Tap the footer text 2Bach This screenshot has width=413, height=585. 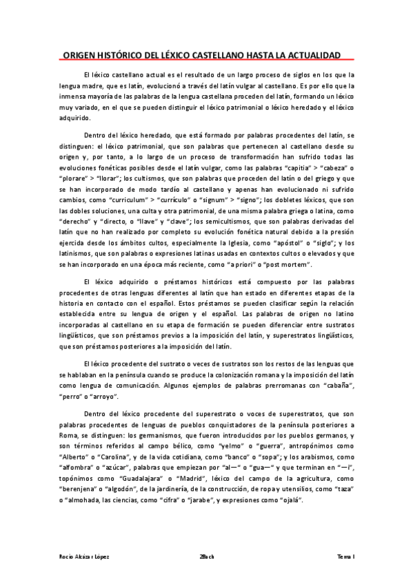pos(205,556)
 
